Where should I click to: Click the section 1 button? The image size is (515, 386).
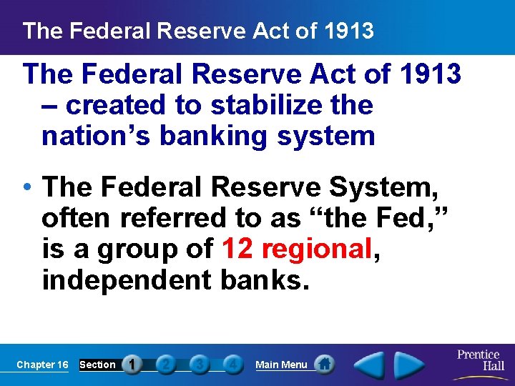coord(132,365)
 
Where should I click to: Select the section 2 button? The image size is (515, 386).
coord(165,365)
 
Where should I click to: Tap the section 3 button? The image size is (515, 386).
coord(200,365)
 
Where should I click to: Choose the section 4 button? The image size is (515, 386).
coord(232,365)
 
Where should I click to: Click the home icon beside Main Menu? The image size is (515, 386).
coord(325,365)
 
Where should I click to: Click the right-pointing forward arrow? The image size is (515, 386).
coord(408,365)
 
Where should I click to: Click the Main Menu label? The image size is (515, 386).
coord(281,365)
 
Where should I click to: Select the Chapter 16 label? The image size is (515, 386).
coord(42,365)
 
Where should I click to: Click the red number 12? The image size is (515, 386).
coord(238,249)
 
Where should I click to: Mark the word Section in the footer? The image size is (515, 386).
coord(97,365)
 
